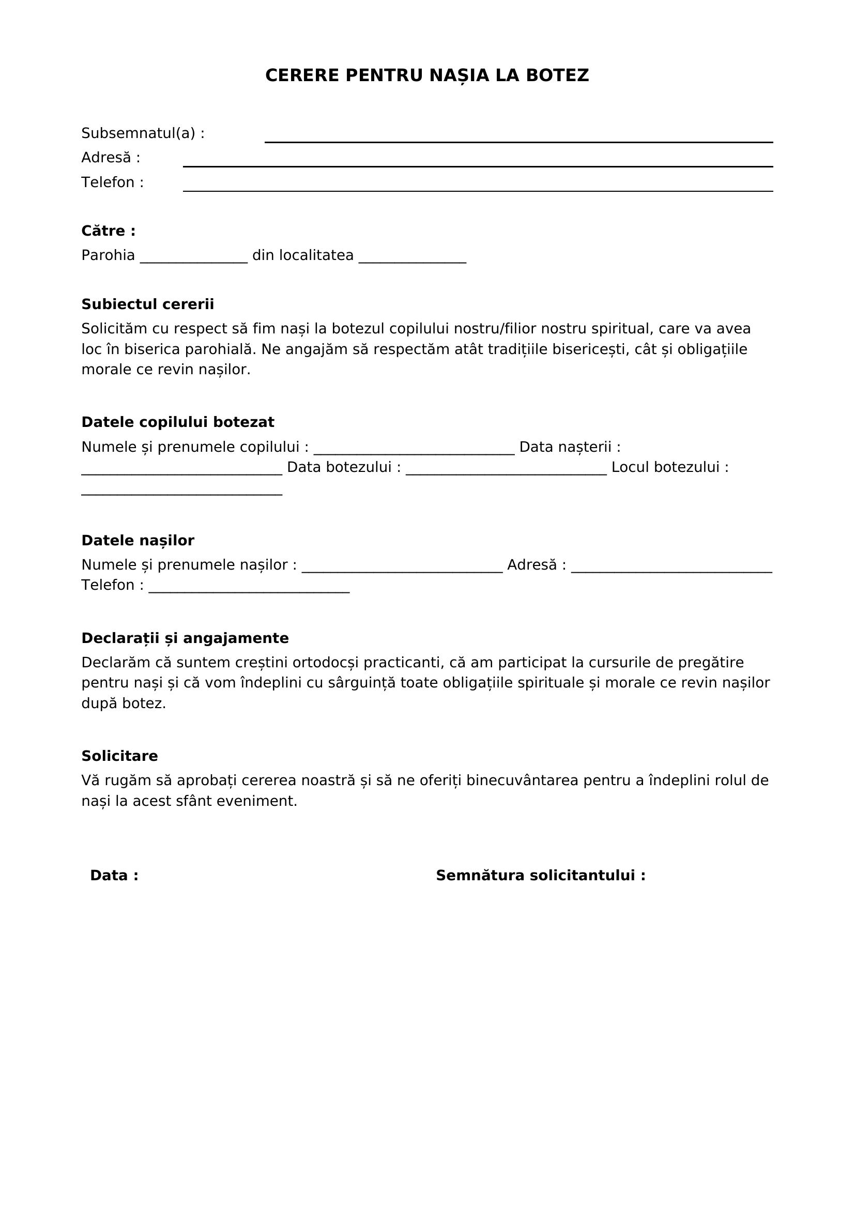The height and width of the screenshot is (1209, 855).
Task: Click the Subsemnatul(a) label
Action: click(143, 134)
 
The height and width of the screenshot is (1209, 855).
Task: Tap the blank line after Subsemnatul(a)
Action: click(518, 138)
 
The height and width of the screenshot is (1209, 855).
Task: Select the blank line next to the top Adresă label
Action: click(478, 162)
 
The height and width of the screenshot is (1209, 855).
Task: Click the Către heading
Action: click(109, 231)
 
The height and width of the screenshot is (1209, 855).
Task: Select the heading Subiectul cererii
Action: click(147, 304)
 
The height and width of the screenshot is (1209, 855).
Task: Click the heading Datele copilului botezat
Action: click(177, 422)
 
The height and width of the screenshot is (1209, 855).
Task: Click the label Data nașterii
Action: click(570, 447)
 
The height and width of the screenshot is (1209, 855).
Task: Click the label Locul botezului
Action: click(669, 468)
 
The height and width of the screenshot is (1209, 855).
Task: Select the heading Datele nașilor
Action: click(138, 541)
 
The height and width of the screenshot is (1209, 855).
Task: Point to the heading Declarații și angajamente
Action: click(185, 638)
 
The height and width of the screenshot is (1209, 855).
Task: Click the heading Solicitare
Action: click(119, 756)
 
